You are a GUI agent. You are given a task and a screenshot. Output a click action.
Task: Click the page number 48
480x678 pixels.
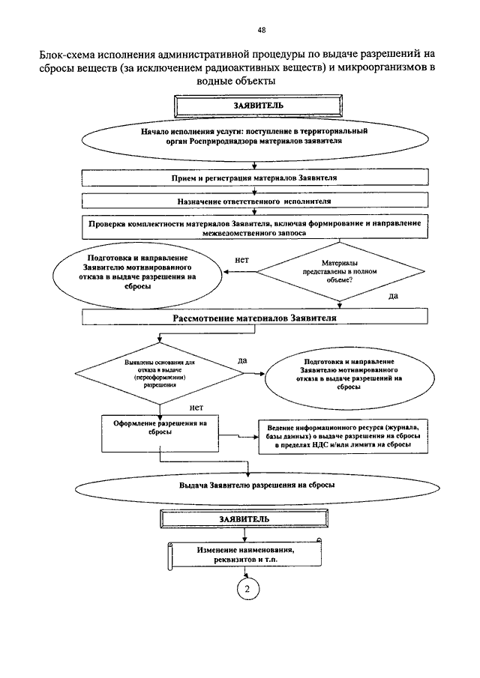tap(262, 30)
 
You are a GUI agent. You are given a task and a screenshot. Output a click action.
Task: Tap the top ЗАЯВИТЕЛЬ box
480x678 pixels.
tap(259, 106)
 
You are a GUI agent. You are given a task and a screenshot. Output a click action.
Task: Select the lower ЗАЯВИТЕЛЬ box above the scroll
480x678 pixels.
tap(244, 519)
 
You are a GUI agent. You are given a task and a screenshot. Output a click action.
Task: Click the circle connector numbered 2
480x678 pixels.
tap(247, 589)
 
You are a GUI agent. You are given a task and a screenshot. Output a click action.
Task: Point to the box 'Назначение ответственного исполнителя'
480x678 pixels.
tap(255, 201)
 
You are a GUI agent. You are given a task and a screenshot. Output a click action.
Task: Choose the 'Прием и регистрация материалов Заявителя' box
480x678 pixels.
tap(255, 178)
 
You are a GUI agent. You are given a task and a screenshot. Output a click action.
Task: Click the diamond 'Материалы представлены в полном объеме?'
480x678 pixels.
tap(340, 271)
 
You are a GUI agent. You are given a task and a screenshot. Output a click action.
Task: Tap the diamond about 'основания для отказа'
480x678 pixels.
tap(160, 373)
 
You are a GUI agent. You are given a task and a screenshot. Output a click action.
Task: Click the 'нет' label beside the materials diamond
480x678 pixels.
tap(242, 260)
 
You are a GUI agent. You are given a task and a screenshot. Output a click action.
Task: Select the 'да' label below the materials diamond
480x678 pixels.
tap(394, 296)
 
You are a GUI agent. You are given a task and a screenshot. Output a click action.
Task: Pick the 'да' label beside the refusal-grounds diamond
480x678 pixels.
tap(242, 360)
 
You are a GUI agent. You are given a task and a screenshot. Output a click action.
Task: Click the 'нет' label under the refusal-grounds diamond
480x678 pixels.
tap(196, 408)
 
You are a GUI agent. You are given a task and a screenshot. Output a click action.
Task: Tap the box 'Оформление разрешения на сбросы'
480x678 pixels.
tap(160, 434)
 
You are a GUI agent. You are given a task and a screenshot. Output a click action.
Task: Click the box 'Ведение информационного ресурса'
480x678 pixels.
tap(343, 436)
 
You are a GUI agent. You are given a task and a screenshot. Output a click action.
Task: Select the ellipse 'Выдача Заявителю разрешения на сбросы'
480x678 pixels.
tap(257, 485)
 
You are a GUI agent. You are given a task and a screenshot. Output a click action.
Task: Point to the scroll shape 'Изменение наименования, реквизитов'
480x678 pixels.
tap(244, 554)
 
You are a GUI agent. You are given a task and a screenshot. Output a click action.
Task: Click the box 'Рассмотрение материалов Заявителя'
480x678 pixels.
tap(255, 317)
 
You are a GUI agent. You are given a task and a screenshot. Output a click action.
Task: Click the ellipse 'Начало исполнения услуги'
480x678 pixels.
tap(255, 139)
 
